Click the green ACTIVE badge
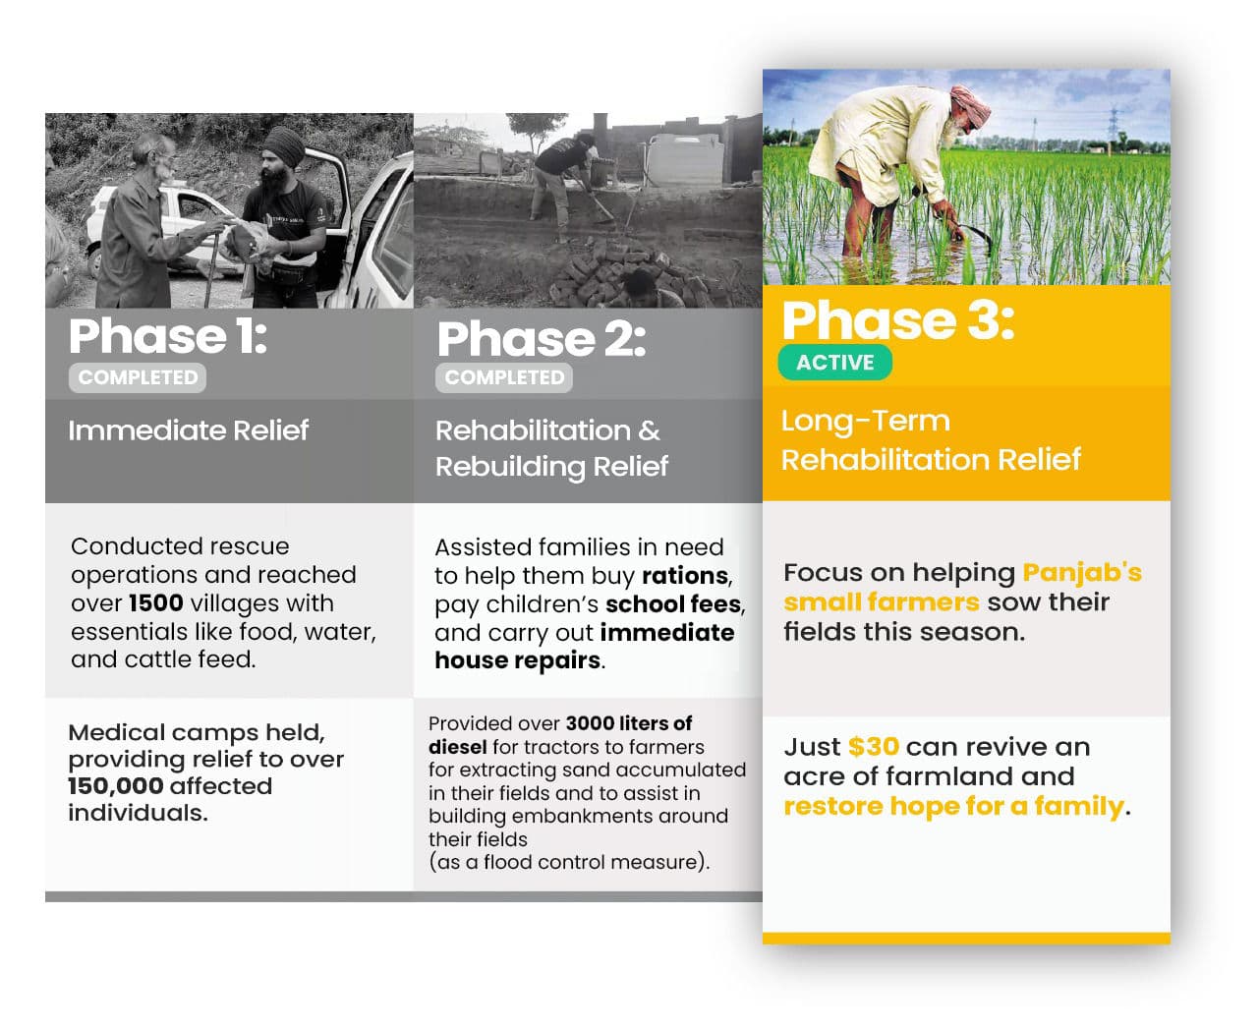(834, 362)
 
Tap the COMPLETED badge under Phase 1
(138, 377)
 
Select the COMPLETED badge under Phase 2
(503, 377)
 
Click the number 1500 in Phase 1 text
(155, 602)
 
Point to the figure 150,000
(115, 785)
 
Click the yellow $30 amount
(874, 746)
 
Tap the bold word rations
(685, 575)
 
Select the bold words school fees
(673, 603)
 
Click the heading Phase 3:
(897, 320)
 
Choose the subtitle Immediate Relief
(188, 430)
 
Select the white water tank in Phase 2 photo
(685, 159)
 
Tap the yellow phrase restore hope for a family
(953, 806)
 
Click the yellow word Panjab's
(1081, 572)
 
